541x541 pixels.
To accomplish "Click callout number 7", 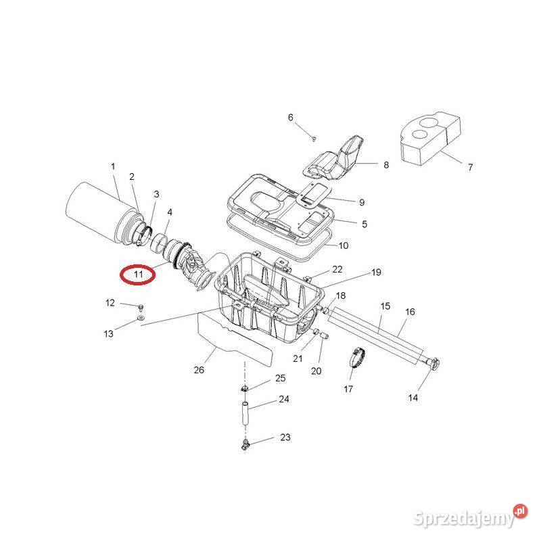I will point(470,167).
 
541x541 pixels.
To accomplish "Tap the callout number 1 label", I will point(113,166).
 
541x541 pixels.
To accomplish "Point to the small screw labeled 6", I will point(315,138).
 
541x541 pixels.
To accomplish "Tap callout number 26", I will point(198,370).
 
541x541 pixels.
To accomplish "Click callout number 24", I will point(284,399).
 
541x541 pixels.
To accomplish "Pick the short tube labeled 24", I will point(245,412).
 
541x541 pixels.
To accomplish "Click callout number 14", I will point(413,398).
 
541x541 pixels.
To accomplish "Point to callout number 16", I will point(410,312).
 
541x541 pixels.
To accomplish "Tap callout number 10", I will point(343,245).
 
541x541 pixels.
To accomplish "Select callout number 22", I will point(337,269).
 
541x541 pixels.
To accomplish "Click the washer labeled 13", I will point(141,317).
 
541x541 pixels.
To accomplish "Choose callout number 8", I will point(386,164).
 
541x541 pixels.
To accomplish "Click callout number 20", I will point(316,371).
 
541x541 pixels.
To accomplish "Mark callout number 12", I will point(110,303).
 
